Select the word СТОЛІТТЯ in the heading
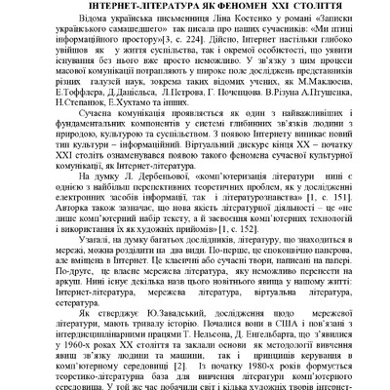(x=314, y=7)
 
